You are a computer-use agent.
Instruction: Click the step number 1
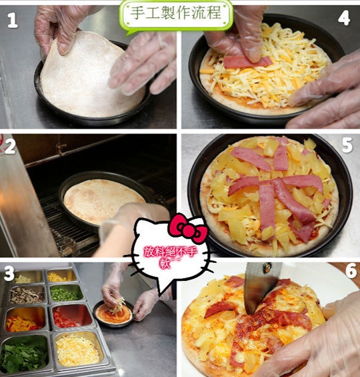click(13, 20)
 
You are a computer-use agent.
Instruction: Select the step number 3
click(9, 274)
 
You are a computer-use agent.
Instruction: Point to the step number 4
click(344, 17)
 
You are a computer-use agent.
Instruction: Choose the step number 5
click(347, 145)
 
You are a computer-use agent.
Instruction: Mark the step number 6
click(351, 270)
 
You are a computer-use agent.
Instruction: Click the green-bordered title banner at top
click(176, 15)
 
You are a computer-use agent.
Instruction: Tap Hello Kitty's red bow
click(188, 228)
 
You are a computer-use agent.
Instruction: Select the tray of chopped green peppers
click(65, 293)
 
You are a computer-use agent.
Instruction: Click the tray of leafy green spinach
click(24, 354)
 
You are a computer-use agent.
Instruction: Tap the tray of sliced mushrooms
click(27, 295)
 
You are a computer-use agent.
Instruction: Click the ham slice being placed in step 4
click(247, 62)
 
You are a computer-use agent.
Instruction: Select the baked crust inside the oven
click(103, 201)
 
